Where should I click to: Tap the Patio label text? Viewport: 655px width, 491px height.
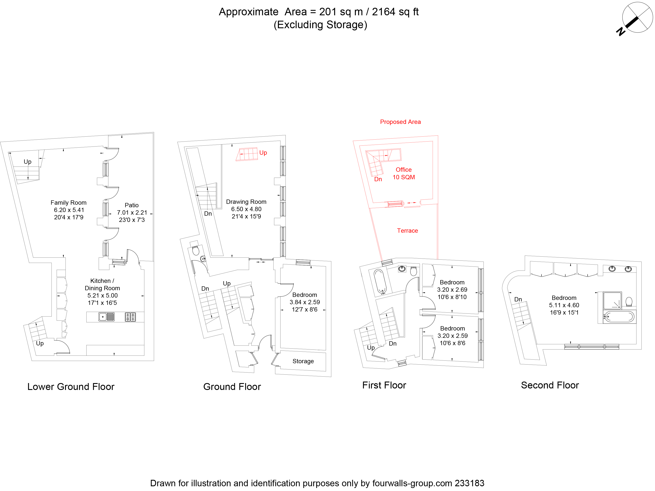click(x=131, y=205)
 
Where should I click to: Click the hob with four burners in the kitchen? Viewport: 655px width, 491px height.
click(x=130, y=317)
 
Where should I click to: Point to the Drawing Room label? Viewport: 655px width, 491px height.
click(x=246, y=202)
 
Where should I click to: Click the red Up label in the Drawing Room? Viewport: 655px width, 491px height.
click(x=263, y=153)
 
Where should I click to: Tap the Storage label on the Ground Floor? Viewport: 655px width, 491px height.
click(x=303, y=361)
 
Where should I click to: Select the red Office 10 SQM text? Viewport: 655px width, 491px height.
click(x=404, y=173)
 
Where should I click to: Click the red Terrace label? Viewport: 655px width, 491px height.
click(x=407, y=231)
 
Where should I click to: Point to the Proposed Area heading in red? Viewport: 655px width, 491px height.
click(x=400, y=122)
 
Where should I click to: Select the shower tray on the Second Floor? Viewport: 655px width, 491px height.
click(x=612, y=301)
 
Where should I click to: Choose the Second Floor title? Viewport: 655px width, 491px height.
click(x=550, y=385)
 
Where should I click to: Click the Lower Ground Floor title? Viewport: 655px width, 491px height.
click(x=71, y=387)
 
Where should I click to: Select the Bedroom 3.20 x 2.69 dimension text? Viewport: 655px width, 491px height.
click(x=452, y=290)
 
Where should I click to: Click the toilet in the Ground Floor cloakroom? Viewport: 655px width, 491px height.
click(x=195, y=251)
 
